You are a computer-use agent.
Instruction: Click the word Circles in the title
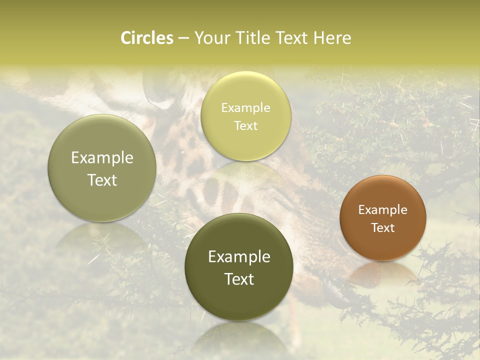click(147, 38)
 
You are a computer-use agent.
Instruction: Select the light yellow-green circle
click(245, 116)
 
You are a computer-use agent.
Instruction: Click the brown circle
click(383, 218)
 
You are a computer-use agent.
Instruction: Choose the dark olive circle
click(239, 267)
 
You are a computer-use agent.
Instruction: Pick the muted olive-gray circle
click(102, 168)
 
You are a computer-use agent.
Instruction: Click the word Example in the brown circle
click(383, 210)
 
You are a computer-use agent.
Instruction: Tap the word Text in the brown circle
click(383, 227)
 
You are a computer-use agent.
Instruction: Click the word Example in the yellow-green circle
click(245, 107)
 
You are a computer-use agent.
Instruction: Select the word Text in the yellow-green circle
click(245, 125)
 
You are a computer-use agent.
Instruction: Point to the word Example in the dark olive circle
click(239, 257)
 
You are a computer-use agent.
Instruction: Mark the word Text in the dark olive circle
click(239, 279)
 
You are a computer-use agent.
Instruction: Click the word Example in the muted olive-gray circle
click(102, 158)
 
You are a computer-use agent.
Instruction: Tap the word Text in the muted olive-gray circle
click(102, 180)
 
